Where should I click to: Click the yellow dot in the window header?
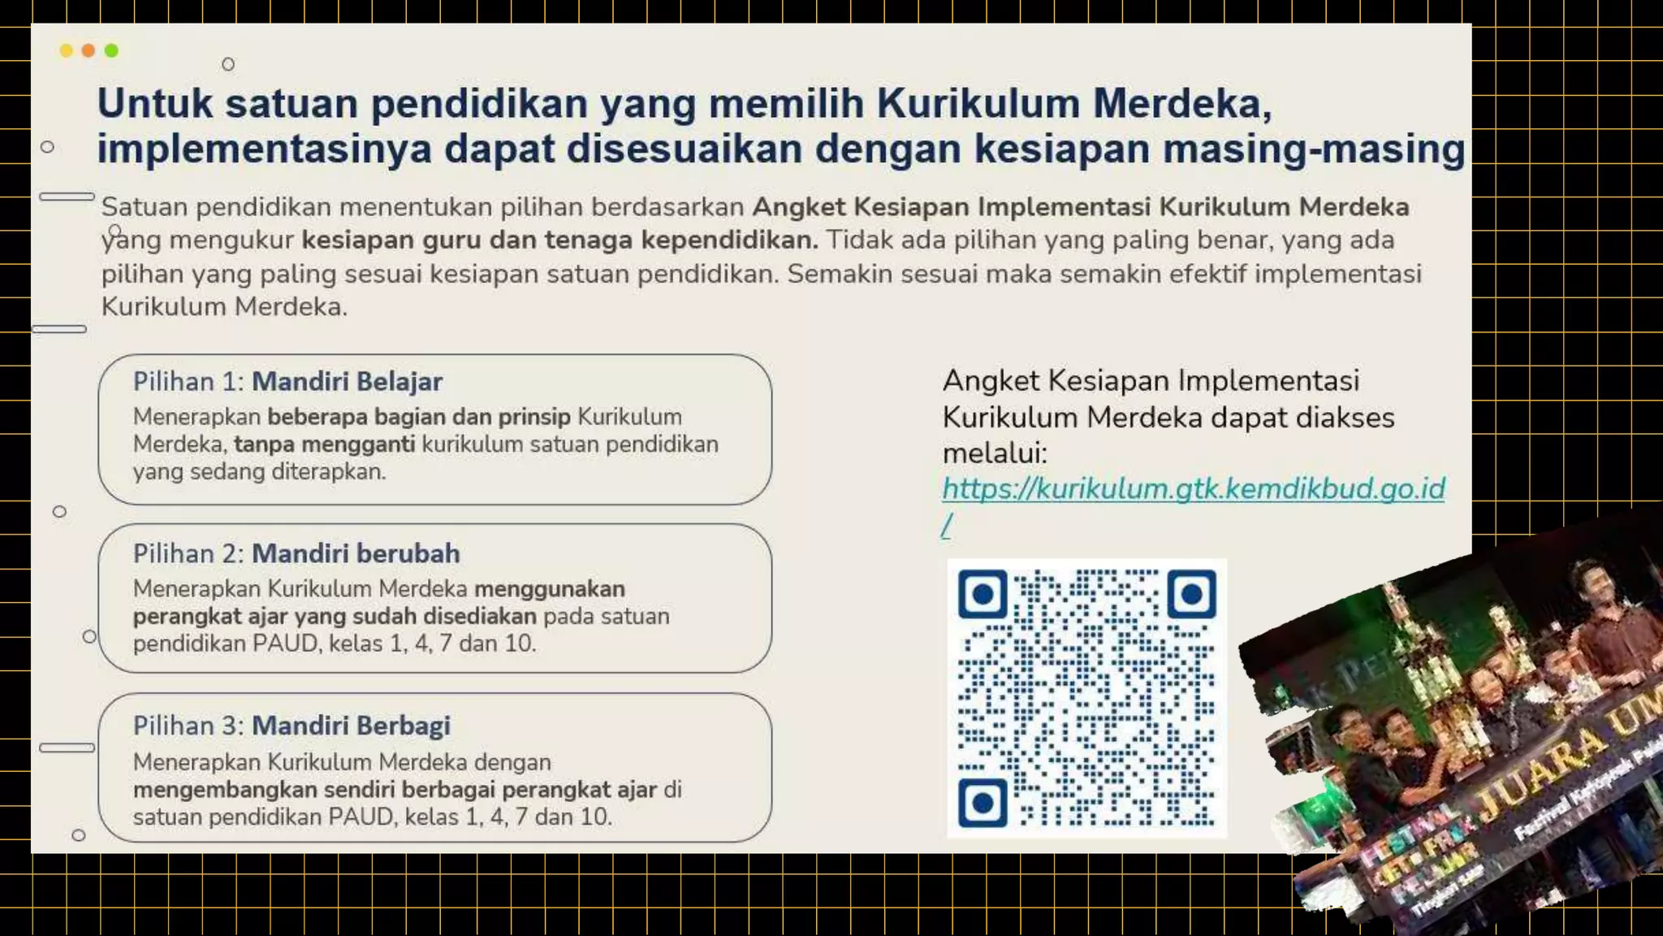click(66, 51)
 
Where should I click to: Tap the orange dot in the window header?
click(89, 51)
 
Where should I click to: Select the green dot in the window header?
click(111, 51)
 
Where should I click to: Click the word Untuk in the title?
click(155, 104)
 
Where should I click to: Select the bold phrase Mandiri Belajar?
click(347, 382)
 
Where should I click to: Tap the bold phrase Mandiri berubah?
click(356, 554)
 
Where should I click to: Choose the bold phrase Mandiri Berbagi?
click(351, 726)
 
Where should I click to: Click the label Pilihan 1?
click(188, 382)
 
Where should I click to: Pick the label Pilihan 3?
click(188, 726)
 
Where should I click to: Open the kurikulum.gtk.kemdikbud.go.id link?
click(1193, 489)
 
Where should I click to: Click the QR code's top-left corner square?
click(983, 595)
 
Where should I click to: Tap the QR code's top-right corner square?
click(1191, 595)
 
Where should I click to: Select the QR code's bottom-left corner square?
click(983, 804)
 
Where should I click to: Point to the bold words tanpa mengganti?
click(324, 444)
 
